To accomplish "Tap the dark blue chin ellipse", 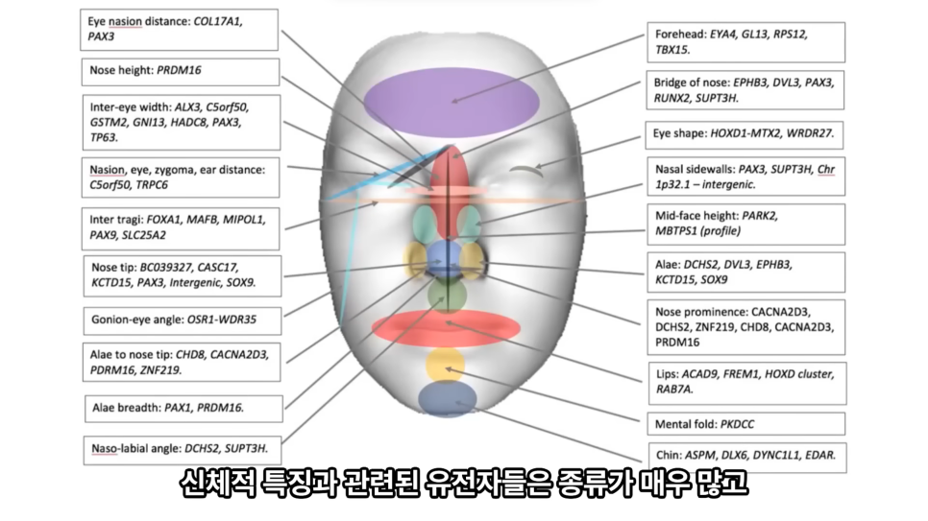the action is [x=446, y=399].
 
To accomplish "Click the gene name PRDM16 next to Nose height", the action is [x=179, y=71].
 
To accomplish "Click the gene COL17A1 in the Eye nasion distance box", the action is [x=216, y=19].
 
